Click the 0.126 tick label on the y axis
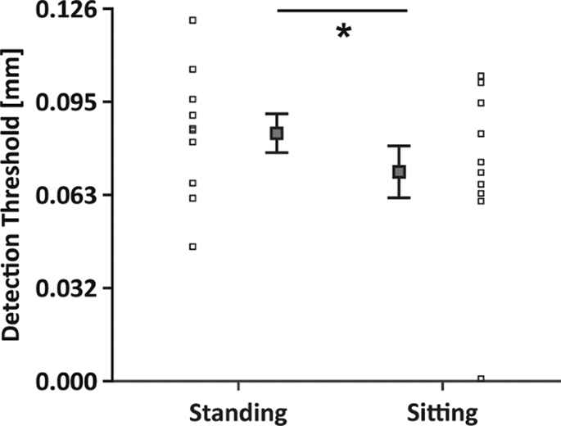(70, 11)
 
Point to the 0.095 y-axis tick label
(70, 102)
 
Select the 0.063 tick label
(70, 195)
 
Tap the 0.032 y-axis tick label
(70, 288)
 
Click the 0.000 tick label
(70, 381)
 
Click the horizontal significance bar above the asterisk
(342, 11)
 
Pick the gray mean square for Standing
(277, 133)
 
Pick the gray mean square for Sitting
(399, 171)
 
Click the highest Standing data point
(193, 20)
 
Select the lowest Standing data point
(193, 247)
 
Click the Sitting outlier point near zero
(481, 378)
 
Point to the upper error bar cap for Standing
(277, 113)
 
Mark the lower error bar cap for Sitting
(399, 197)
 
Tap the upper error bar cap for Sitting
(399, 146)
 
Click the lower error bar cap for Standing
(277, 152)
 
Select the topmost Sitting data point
(481, 76)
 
